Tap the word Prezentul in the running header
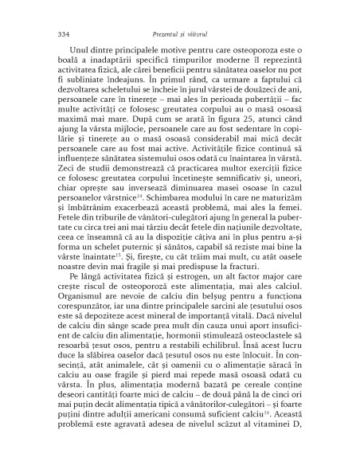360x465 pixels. point(166,33)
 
